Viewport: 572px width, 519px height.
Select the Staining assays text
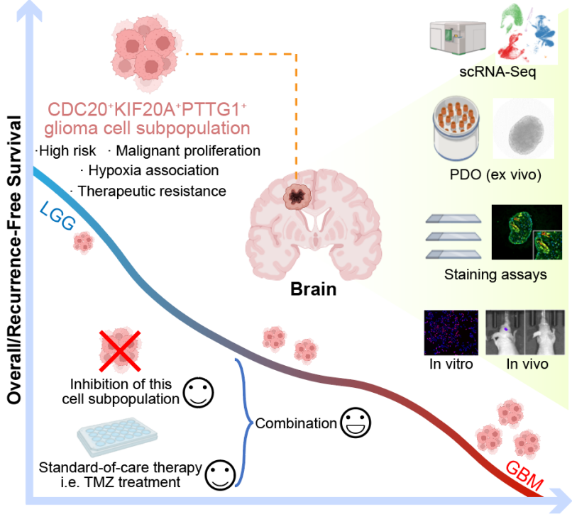point(495,274)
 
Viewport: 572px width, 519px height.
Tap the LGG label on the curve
point(58,215)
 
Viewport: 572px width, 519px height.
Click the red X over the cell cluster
point(120,352)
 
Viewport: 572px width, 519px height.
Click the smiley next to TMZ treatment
point(221,474)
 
